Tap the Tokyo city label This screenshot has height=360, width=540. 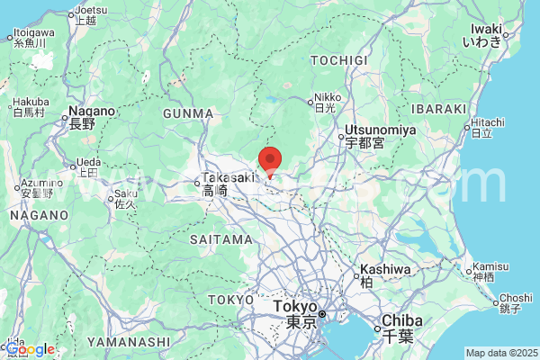point(296,313)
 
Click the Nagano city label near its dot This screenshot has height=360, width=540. point(93,117)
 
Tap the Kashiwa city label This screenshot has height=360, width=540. point(384,274)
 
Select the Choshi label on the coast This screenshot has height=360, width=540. point(515,302)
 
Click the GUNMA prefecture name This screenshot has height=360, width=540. point(188,113)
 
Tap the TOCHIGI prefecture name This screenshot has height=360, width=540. point(339,59)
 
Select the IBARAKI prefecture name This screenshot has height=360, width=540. point(439,109)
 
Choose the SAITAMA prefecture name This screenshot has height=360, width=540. point(221,239)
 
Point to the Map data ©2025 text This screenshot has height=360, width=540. point(500,353)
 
